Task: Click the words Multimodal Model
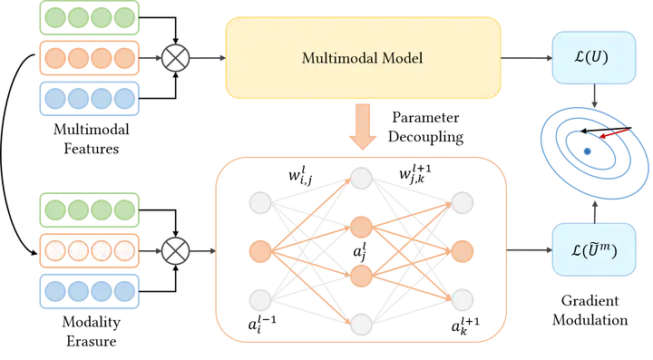click(x=361, y=59)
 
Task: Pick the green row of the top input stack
click(x=88, y=19)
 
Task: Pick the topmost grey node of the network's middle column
click(x=362, y=177)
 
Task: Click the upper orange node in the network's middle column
click(x=362, y=225)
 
